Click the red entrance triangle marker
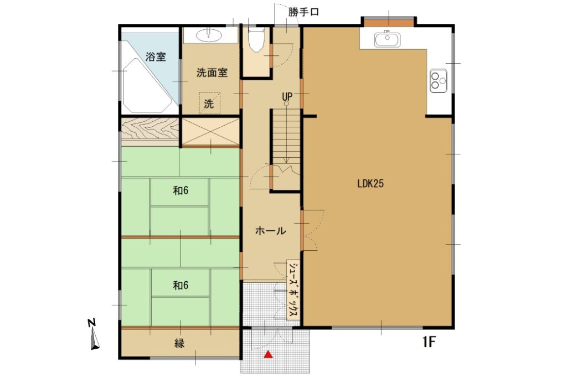coord(268,354)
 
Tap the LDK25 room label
coord(370,184)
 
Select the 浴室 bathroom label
coord(156,57)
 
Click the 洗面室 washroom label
coord(212,73)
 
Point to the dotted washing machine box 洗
coord(209,103)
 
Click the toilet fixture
coord(256,40)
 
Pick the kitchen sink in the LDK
coord(387,40)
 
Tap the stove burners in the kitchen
coord(439,81)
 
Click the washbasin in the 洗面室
coord(209,35)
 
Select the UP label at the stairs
coord(287,97)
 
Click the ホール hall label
coord(270,231)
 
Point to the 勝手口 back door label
coord(303,12)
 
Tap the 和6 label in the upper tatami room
coord(181,190)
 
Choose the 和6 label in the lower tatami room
coord(181,286)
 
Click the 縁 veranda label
coord(180,343)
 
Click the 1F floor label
coord(429,342)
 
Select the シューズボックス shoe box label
coord(293,290)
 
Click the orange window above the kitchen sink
coord(389,22)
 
